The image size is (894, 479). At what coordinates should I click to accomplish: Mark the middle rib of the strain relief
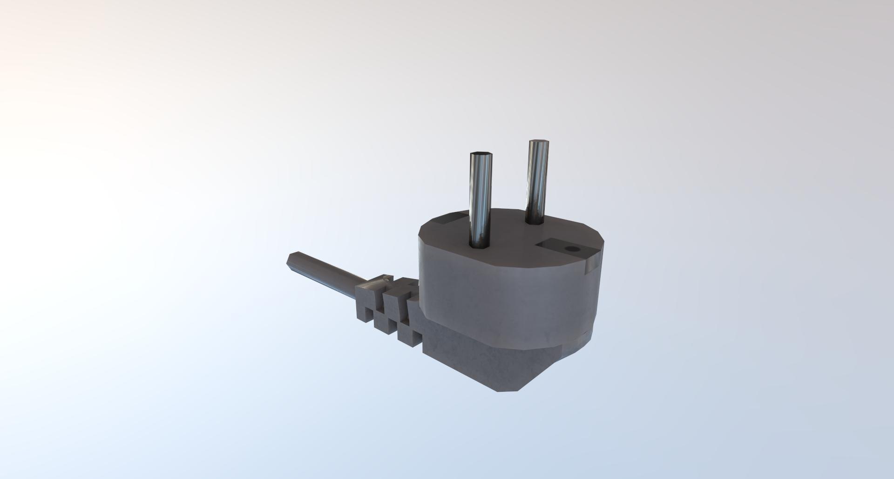(389, 305)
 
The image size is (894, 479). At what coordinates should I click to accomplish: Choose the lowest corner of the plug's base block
(501, 391)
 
